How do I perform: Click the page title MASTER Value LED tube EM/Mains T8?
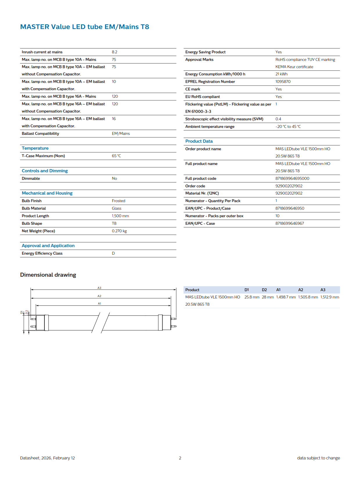(x=84, y=27)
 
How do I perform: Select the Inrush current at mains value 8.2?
(x=114, y=52)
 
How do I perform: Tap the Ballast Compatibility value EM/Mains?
(x=121, y=133)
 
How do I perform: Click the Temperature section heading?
(x=35, y=148)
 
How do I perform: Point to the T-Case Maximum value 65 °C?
(x=116, y=156)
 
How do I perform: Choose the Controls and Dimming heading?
(x=45, y=171)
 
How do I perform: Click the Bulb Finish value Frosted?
(x=118, y=201)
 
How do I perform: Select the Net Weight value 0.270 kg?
(x=119, y=231)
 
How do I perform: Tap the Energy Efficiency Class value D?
(x=113, y=253)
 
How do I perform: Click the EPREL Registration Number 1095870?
(x=283, y=82)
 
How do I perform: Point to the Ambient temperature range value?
(x=288, y=126)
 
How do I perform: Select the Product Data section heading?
(x=199, y=141)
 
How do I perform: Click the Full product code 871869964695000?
(x=292, y=178)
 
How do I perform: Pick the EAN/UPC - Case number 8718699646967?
(x=289, y=223)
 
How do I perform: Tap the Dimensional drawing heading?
(x=48, y=275)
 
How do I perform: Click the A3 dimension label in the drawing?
(x=99, y=288)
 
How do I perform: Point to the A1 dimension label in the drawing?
(x=99, y=304)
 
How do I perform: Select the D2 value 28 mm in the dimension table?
(x=268, y=297)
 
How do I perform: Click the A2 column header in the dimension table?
(x=300, y=290)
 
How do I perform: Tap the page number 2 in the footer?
(x=180, y=458)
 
